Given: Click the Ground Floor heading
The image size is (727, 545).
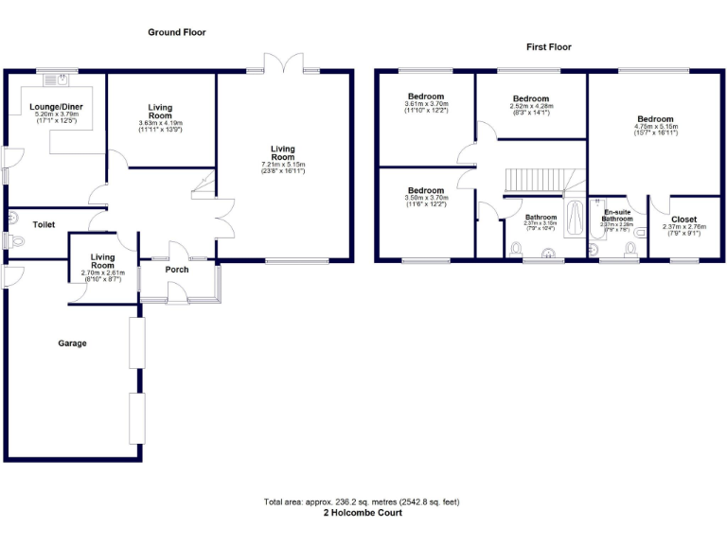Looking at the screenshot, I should click(x=176, y=32).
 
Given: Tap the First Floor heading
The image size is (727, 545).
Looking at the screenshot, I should click(x=549, y=46).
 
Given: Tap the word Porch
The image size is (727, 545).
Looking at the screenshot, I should click(x=176, y=270).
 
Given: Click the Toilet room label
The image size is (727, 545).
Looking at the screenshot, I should click(x=44, y=225).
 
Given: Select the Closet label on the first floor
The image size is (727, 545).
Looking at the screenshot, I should click(x=683, y=220).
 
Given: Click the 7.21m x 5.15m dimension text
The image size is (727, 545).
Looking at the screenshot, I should click(x=283, y=166).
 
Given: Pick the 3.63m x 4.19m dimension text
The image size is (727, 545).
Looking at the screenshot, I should click(x=160, y=123).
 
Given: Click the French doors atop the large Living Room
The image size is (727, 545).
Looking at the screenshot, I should click(x=283, y=64).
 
